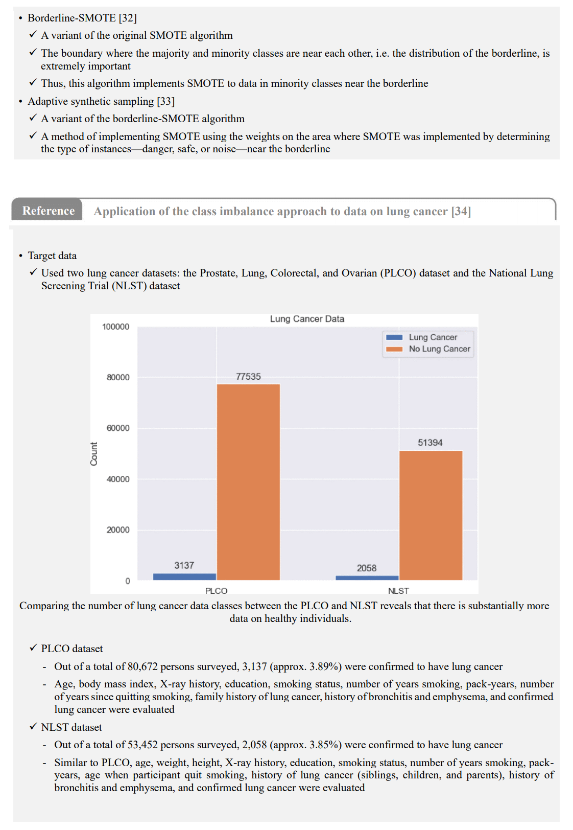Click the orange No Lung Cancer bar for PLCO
pyautogui.click(x=248, y=481)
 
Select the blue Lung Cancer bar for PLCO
pyautogui.click(x=184, y=577)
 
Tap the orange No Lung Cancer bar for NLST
pyautogui.click(x=431, y=515)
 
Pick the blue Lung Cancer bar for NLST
pyautogui.click(x=367, y=578)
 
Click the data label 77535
pyautogui.click(x=248, y=377)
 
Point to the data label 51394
pyautogui.click(x=430, y=443)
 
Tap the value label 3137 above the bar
pyautogui.click(x=184, y=565)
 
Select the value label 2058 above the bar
pyautogui.click(x=367, y=568)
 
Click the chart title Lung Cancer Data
pyautogui.click(x=307, y=319)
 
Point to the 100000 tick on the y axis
pyautogui.click(x=116, y=327)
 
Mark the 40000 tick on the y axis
pyautogui.click(x=118, y=479)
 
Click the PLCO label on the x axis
pyautogui.click(x=216, y=591)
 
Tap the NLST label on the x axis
pyautogui.click(x=398, y=591)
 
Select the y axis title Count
pyautogui.click(x=94, y=454)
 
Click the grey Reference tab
pyautogui.click(x=49, y=211)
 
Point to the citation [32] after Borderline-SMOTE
pyautogui.click(x=128, y=18)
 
